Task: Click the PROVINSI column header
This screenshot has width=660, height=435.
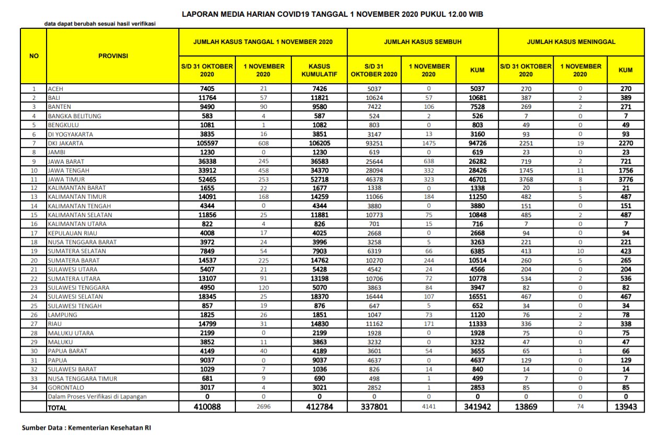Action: point(113,55)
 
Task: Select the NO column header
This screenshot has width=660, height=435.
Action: point(33,55)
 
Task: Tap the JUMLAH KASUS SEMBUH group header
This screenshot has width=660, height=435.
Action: point(423,41)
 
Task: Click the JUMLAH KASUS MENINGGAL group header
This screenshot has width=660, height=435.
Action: point(571,41)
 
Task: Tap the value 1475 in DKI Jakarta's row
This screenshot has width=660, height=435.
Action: point(429,143)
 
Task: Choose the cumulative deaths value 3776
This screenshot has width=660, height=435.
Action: point(625,179)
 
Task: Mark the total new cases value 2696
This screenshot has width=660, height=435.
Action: point(264,407)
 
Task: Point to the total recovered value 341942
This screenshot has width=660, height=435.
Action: point(477,407)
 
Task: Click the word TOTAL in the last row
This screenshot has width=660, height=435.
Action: point(58,407)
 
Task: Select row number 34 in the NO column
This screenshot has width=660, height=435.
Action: point(33,387)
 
